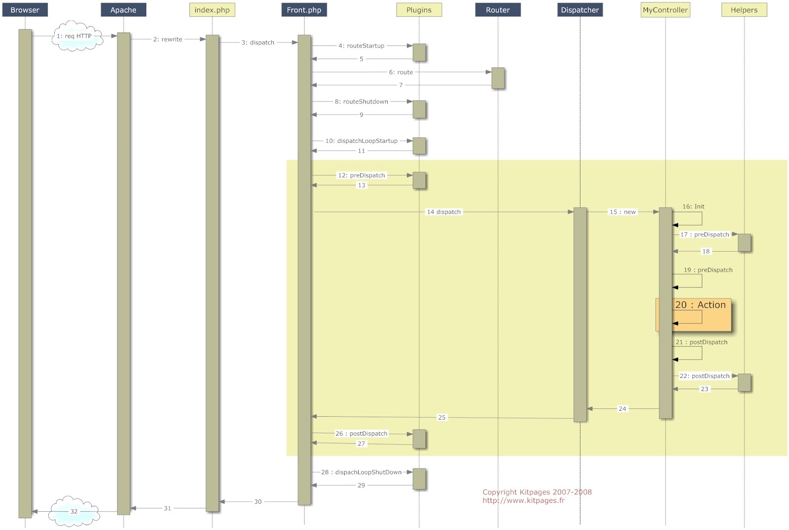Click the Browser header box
tap(25, 10)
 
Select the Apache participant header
tap(123, 10)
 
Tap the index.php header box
tap(212, 10)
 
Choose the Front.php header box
tap(304, 10)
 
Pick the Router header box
tap(498, 10)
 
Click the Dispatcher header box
tap(579, 10)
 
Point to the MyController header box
tap(665, 10)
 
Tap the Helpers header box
tap(744, 10)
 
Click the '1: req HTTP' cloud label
tap(74, 36)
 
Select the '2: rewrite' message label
tap(168, 39)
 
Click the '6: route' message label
tap(401, 72)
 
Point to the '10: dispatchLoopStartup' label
tap(361, 141)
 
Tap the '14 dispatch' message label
tap(444, 212)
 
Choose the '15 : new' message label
tap(623, 212)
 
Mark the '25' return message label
tap(442, 417)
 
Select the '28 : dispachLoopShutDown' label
tap(361, 472)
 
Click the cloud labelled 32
tap(74, 511)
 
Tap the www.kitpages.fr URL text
tap(524, 500)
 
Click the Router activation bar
tap(498, 78)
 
